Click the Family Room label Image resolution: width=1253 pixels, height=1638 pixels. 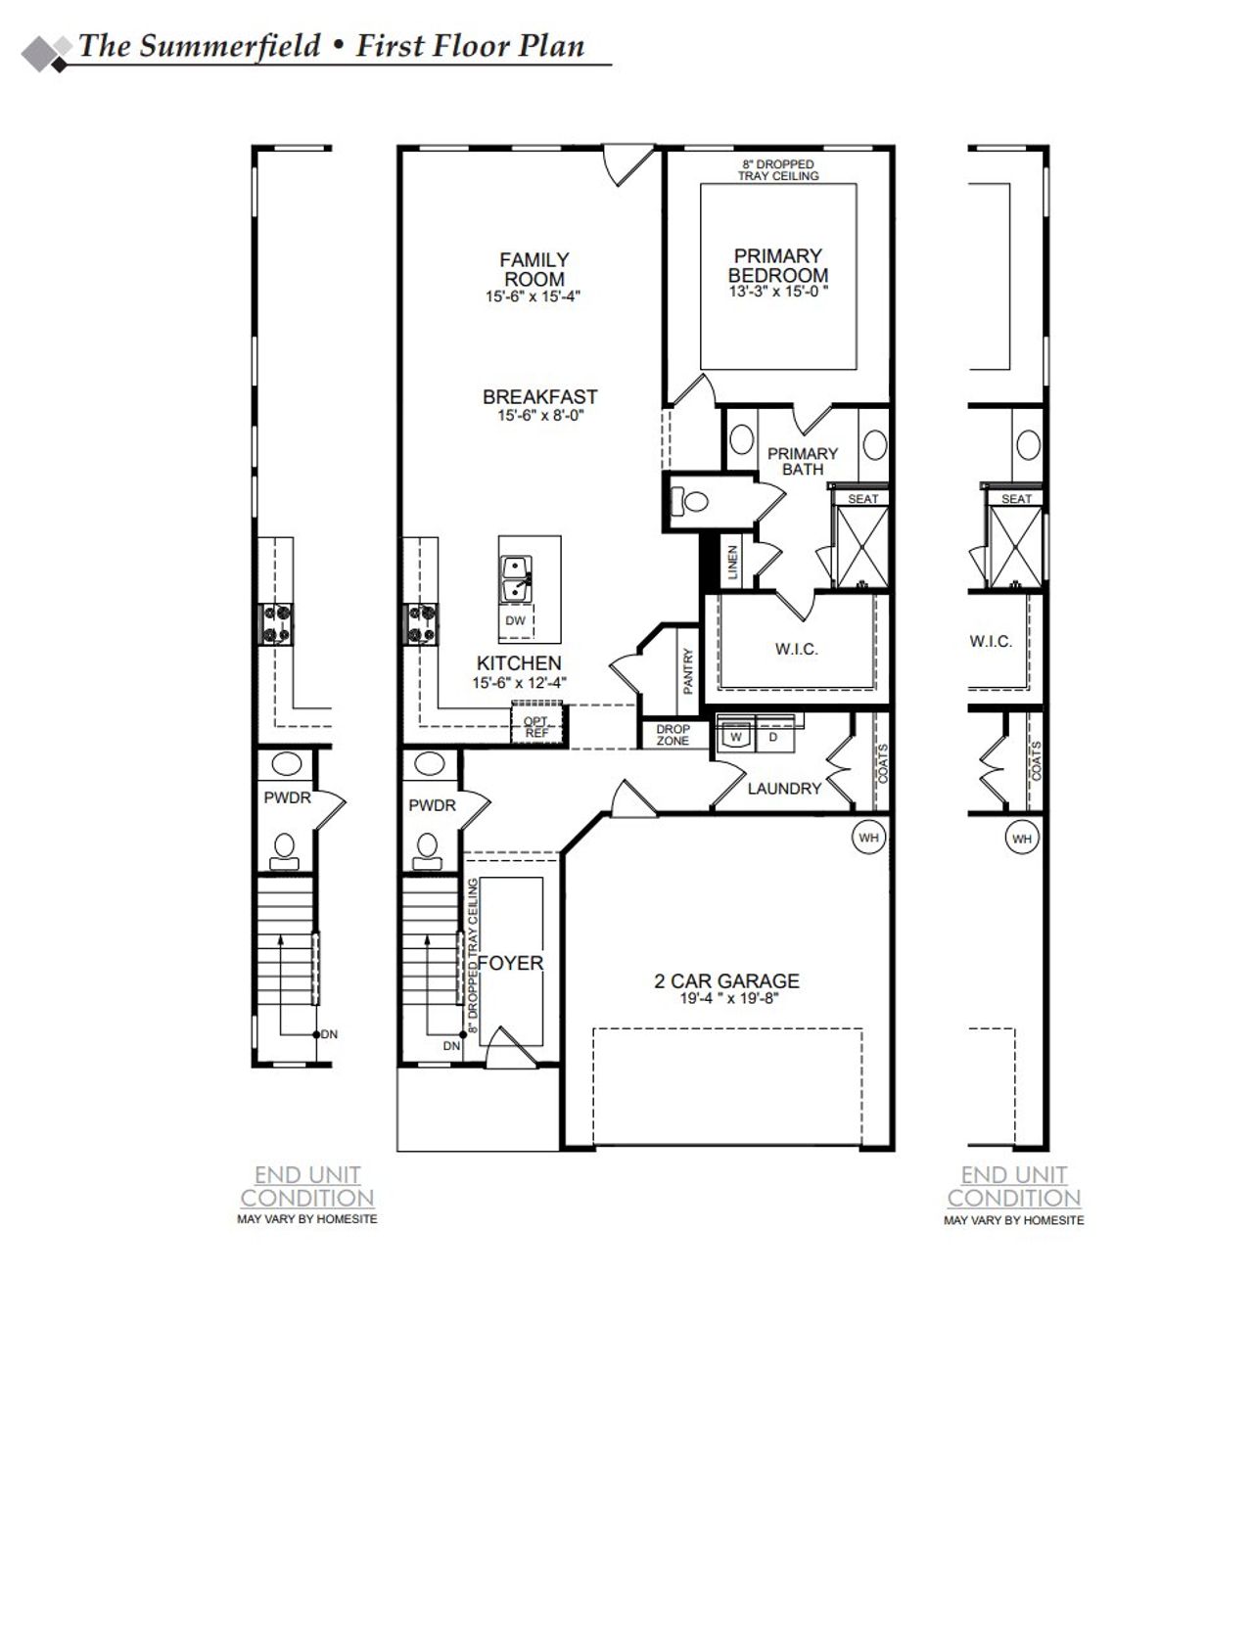click(534, 269)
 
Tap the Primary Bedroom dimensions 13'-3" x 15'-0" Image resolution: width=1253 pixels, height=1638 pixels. click(778, 292)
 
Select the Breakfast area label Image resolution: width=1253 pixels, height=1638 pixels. click(539, 397)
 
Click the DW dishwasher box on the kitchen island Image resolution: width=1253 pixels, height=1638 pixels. click(515, 620)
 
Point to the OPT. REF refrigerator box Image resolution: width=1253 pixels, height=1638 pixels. click(536, 727)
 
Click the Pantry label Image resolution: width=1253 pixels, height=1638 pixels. click(688, 671)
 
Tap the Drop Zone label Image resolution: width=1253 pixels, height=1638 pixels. click(673, 735)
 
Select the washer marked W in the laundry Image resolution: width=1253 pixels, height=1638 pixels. click(735, 738)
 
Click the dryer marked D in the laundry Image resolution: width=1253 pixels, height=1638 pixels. click(772, 738)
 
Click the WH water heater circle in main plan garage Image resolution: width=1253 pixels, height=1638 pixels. click(868, 838)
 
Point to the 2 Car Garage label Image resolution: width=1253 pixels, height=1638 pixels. click(726, 980)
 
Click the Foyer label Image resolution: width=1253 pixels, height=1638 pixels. click(510, 963)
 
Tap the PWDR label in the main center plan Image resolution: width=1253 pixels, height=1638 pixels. click(432, 805)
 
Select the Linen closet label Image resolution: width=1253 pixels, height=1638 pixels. click(731, 563)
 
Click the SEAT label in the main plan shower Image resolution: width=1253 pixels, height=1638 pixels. click(862, 499)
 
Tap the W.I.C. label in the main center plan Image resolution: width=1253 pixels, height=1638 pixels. click(796, 649)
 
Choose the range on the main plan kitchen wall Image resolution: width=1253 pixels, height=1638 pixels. click(421, 625)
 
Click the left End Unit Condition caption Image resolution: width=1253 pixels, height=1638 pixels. click(307, 1186)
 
